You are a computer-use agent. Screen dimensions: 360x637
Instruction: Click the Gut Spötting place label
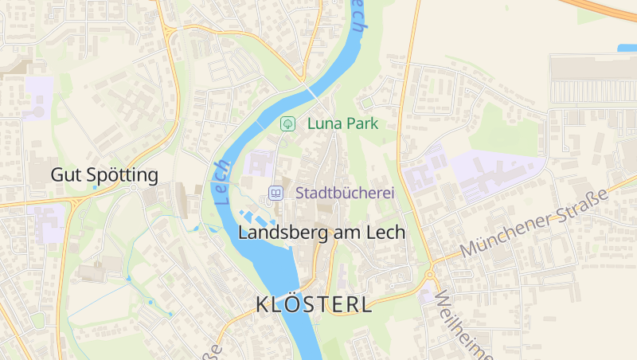(104, 174)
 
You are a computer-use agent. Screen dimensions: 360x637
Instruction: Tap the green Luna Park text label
(342, 123)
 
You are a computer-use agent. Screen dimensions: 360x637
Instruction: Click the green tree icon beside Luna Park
(287, 123)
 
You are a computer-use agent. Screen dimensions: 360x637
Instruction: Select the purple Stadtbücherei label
(345, 192)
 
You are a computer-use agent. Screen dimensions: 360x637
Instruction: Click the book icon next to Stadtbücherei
(276, 192)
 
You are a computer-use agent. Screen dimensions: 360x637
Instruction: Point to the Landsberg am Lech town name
(322, 232)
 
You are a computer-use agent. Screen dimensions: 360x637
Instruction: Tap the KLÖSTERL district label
(314, 304)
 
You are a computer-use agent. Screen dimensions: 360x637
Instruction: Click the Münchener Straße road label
(533, 224)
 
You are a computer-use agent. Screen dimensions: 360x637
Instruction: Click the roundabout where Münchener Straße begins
(430, 276)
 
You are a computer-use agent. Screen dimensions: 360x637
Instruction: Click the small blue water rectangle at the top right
(627, 48)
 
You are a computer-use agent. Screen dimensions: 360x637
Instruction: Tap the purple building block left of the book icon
(259, 164)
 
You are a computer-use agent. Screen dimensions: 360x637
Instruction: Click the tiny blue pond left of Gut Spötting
(95, 187)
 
